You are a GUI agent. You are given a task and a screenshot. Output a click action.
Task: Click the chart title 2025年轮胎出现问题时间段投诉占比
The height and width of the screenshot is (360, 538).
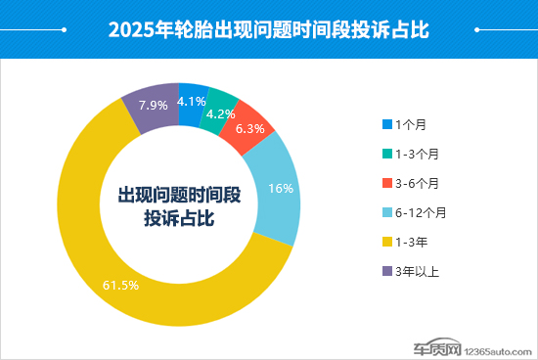point(269,29)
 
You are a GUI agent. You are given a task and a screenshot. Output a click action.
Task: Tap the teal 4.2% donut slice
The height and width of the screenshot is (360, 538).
point(220,109)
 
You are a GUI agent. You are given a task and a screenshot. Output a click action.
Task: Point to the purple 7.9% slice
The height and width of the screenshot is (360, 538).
point(151,105)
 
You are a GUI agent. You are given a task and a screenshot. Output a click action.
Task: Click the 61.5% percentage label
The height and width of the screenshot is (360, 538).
point(120,286)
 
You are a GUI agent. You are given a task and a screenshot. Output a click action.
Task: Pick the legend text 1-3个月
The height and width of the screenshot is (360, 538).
point(417,154)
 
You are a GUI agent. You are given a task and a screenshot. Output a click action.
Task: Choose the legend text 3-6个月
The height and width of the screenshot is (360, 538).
point(417,183)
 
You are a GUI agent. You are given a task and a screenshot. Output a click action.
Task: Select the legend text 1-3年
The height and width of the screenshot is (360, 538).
point(411,242)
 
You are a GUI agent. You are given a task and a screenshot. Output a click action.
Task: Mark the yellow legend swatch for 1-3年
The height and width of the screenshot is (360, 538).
point(387,242)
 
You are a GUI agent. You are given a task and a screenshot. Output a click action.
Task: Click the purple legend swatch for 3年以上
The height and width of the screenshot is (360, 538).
point(387,271)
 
